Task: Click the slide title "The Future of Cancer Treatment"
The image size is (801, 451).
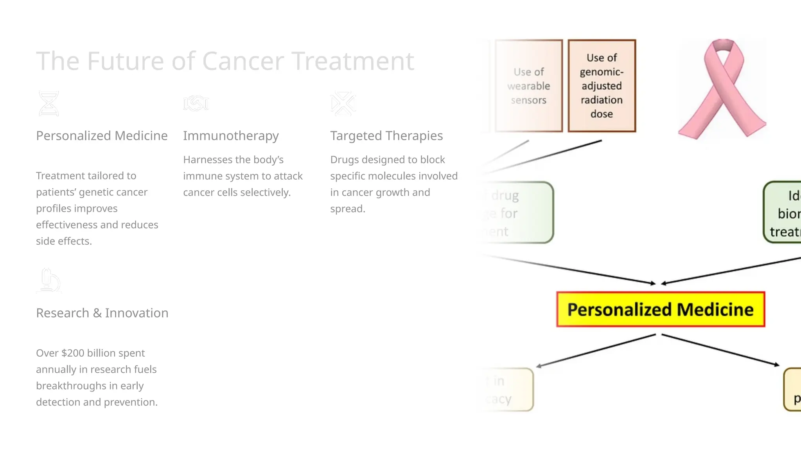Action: coord(225,61)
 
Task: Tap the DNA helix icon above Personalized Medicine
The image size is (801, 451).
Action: coord(49,104)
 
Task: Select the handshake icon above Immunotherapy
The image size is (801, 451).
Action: coord(196,103)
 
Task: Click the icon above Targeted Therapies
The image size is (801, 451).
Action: coord(343,104)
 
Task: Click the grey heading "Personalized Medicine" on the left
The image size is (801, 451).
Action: coord(102,136)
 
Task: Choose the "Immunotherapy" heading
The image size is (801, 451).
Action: coord(231,136)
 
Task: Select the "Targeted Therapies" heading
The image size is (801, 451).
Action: coord(386,136)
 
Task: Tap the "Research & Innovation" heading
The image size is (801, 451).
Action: coord(102,313)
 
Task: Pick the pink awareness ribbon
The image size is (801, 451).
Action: coord(722,89)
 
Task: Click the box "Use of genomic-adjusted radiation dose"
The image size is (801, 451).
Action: coord(602,86)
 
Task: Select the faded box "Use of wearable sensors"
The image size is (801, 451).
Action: coord(529,86)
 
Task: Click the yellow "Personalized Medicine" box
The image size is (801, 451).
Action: coord(661,309)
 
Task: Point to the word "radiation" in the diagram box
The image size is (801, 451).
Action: coord(602,100)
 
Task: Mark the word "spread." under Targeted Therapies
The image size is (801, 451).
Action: coord(348,209)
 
